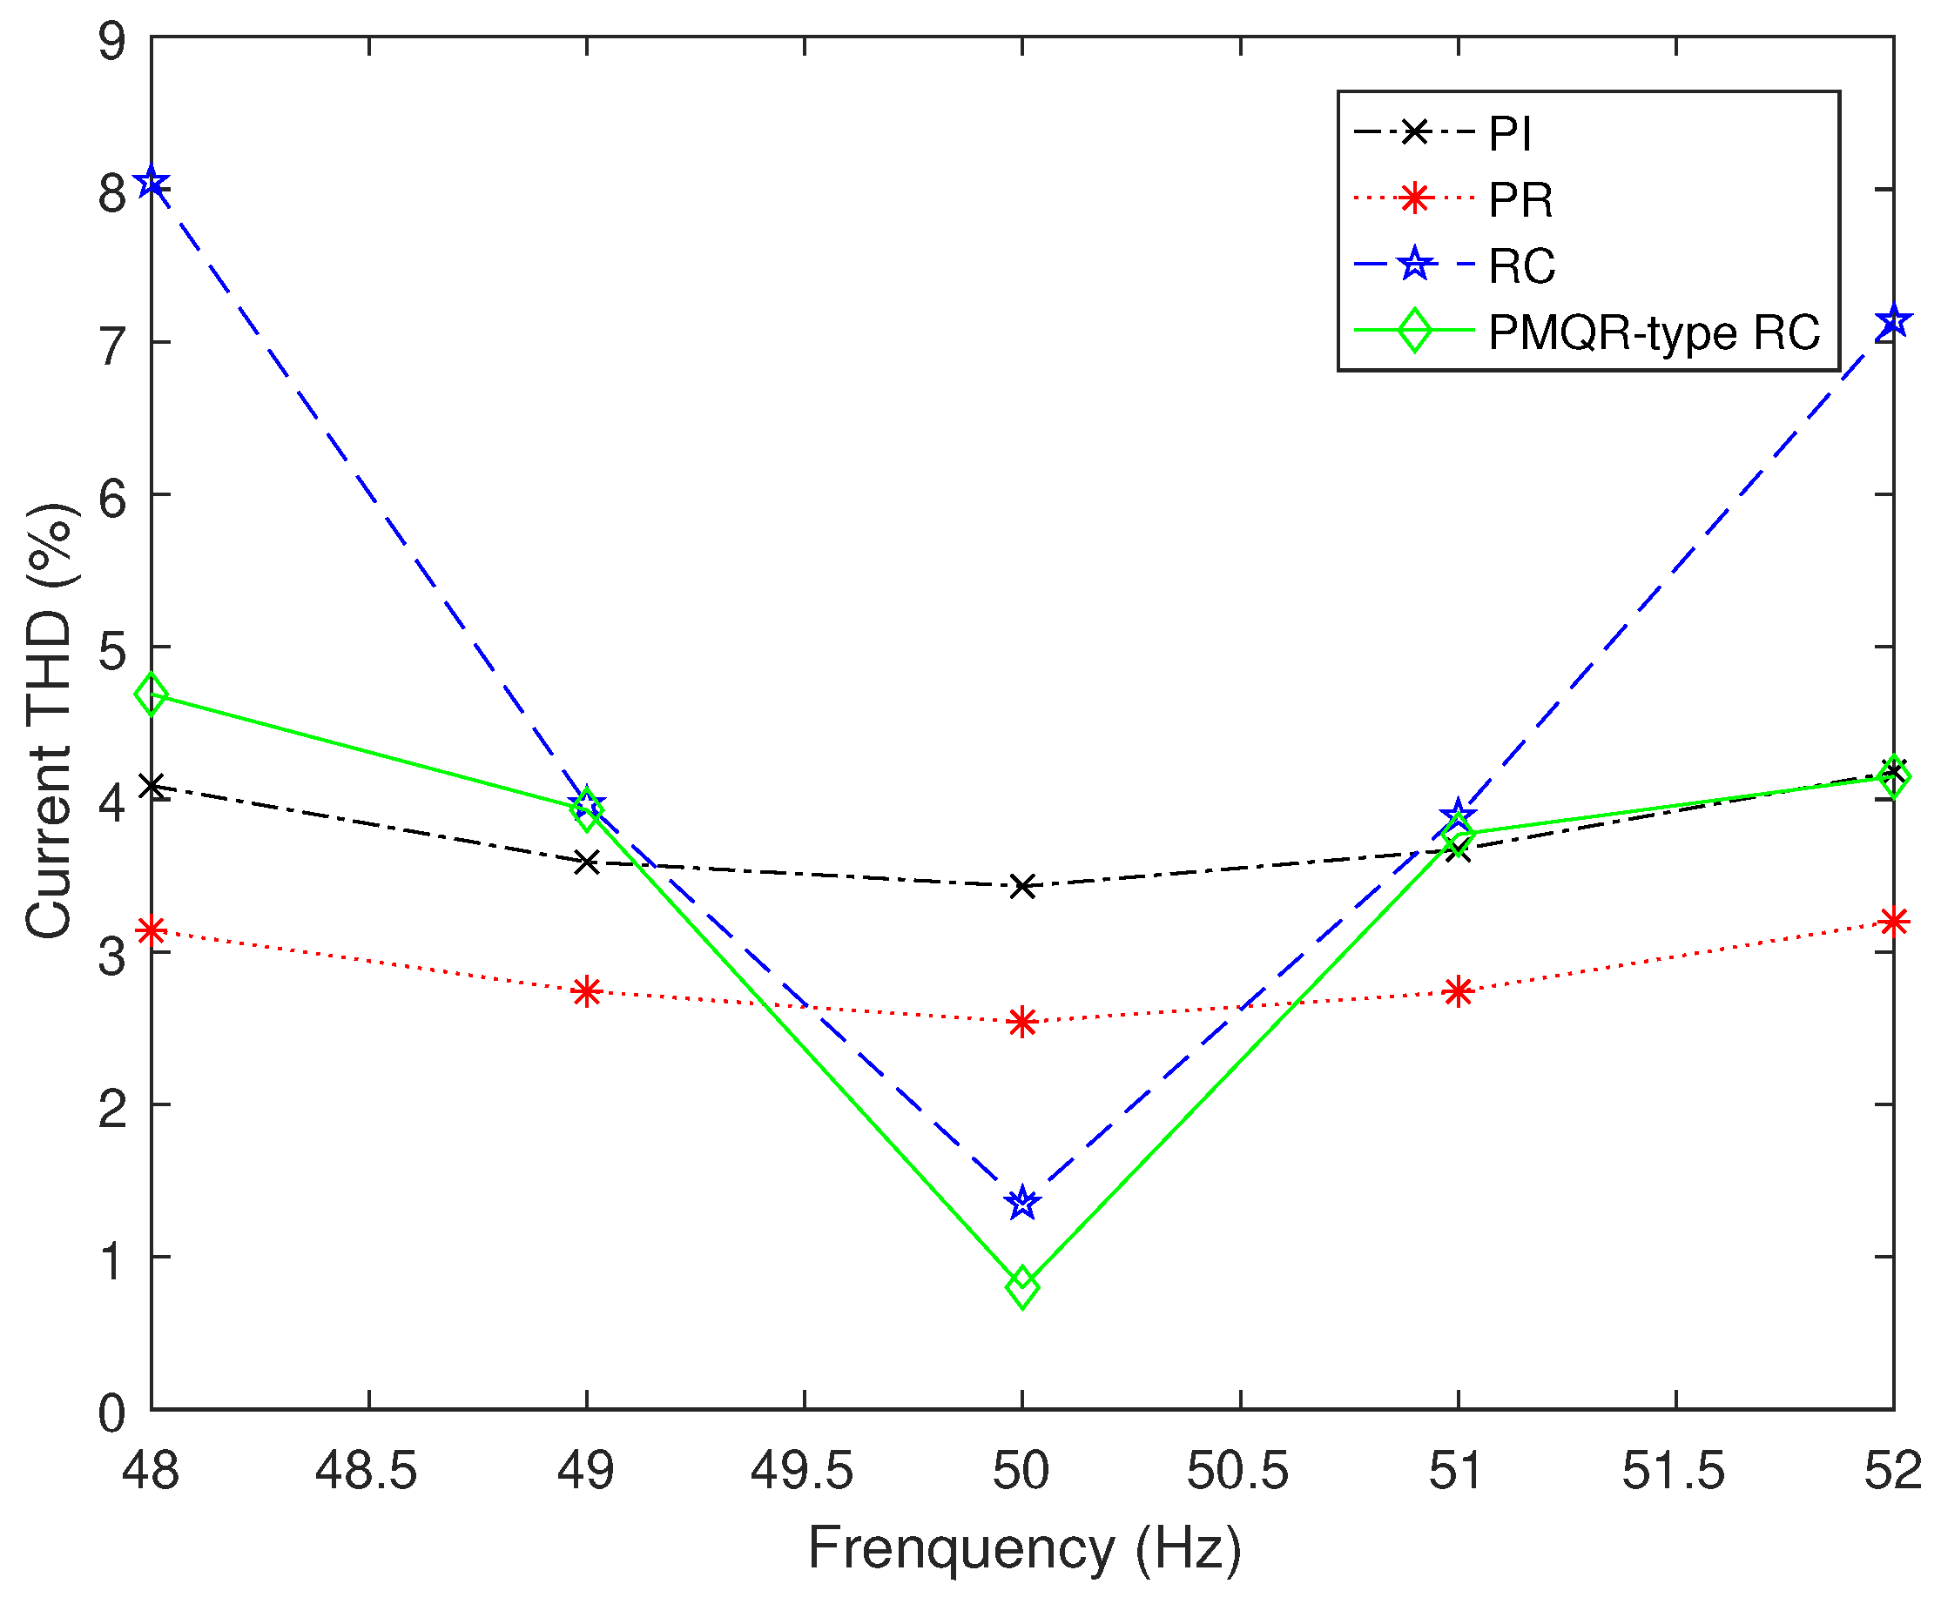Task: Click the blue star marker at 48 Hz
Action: point(152,183)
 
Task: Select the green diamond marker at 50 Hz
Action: point(1022,1286)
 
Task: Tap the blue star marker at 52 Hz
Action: point(1893,321)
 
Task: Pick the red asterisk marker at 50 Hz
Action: point(1022,1022)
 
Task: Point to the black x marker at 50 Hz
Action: point(1022,887)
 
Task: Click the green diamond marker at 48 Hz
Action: point(152,694)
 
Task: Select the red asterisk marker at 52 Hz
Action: point(1893,921)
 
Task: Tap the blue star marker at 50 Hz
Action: point(1022,1203)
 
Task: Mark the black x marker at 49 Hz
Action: point(587,863)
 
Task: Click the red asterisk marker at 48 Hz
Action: point(152,930)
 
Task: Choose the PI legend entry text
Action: point(1510,134)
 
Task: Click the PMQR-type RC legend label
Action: point(1654,332)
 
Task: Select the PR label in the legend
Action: point(1520,199)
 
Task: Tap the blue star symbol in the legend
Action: point(1414,265)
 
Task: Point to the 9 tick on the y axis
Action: point(112,42)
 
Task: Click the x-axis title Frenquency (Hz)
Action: point(1024,1548)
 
